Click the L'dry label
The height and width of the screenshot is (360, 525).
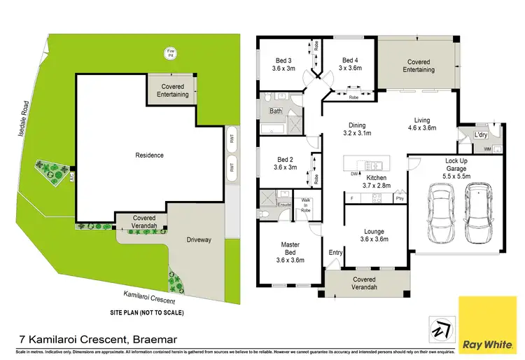pyautogui.click(x=480, y=134)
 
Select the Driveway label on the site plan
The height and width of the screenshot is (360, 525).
pyautogui.click(x=199, y=240)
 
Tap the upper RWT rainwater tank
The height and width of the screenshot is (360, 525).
pyautogui.click(x=231, y=139)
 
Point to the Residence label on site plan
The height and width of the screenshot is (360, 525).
pyautogui.click(x=149, y=155)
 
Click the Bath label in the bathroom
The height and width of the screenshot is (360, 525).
pyautogui.click(x=276, y=111)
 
